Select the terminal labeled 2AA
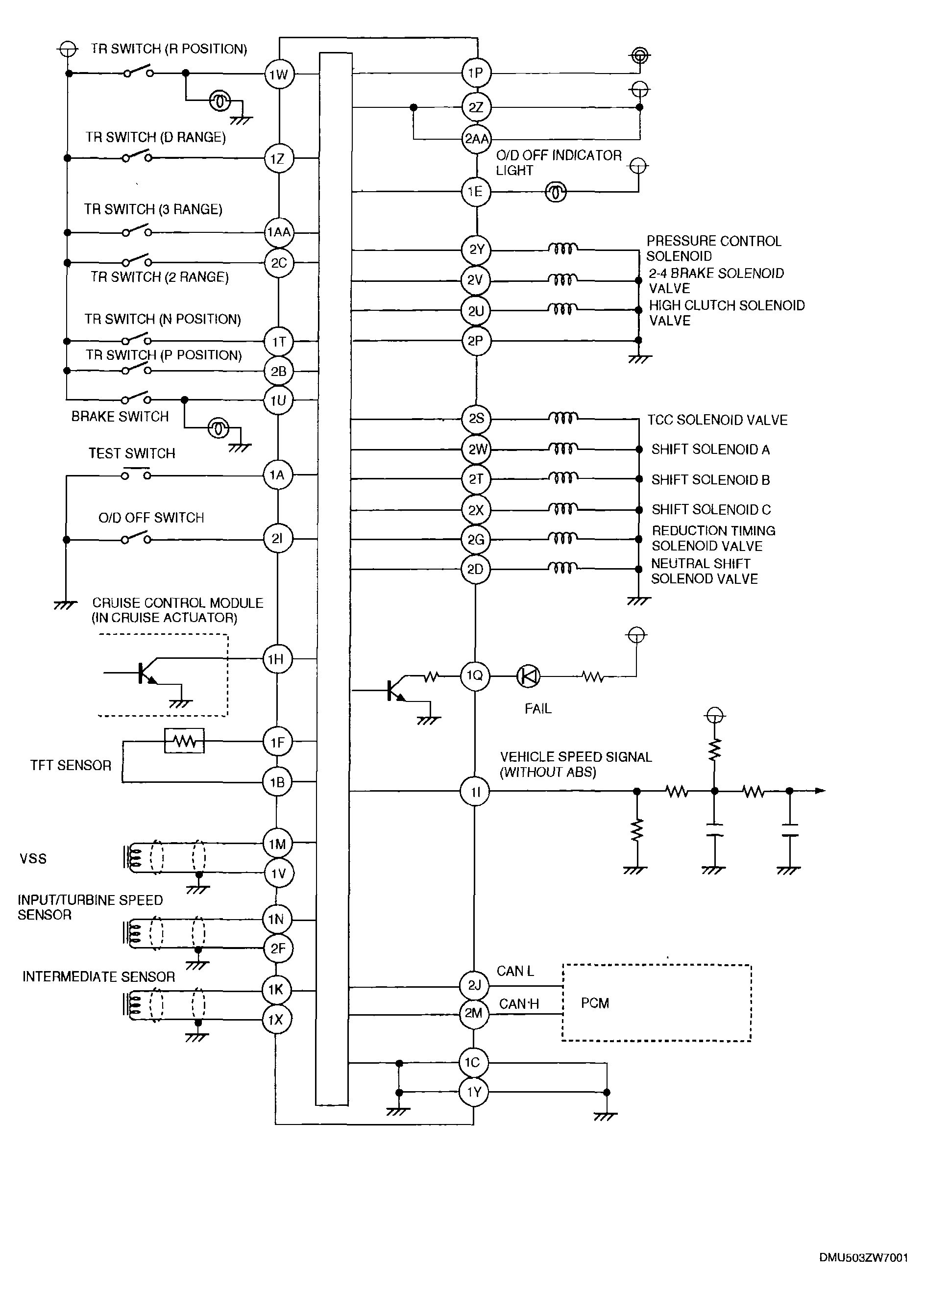click(x=477, y=138)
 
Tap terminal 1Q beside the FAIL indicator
click(x=475, y=675)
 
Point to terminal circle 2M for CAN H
click(x=474, y=1014)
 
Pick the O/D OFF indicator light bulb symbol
click(x=556, y=193)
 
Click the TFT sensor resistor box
click(x=184, y=741)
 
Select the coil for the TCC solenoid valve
click(x=563, y=418)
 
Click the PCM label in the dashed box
click(x=595, y=1003)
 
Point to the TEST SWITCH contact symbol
click(x=136, y=474)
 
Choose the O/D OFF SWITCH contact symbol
click(x=136, y=537)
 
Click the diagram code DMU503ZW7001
click(x=863, y=1257)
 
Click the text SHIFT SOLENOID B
click(x=710, y=480)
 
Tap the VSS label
click(x=33, y=859)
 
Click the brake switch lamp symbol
click(x=218, y=428)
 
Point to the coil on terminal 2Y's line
click(x=563, y=249)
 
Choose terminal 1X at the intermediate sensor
click(x=276, y=1019)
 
